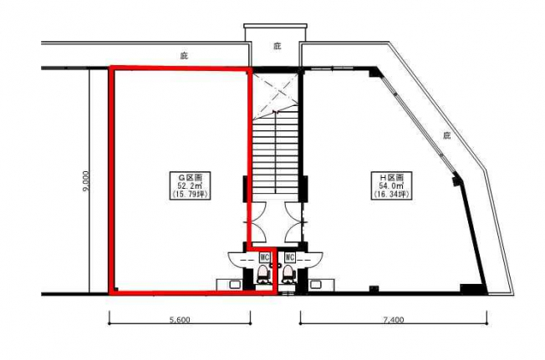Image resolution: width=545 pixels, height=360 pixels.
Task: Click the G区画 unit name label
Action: tap(190, 177)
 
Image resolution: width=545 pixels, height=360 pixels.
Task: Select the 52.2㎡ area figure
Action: tap(190, 185)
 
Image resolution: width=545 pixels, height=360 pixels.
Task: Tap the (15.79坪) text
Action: tap(190, 194)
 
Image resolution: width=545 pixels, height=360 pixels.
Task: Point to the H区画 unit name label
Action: tap(391, 177)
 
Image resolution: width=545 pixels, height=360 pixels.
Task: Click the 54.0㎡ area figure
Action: tap(391, 185)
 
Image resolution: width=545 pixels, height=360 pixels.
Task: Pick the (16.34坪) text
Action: tap(391, 194)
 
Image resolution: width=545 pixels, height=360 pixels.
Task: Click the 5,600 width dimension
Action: tap(180, 320)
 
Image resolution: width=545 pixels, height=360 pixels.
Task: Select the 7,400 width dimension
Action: tap(394, 320)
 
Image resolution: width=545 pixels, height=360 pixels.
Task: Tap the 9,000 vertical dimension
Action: tap(86, 180)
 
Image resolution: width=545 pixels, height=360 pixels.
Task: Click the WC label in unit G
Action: tap(264, 257)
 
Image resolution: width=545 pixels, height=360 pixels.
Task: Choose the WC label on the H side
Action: tap(289, 257)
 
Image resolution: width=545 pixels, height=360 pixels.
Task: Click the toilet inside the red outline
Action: tap(263, 274)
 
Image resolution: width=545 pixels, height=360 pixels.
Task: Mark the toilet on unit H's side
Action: tap(288, 274)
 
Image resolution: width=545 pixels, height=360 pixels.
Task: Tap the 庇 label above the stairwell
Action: tap(277, 46)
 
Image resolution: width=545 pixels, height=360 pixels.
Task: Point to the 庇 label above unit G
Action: tap(184, 55)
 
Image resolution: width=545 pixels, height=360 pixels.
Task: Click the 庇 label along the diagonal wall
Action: tap(446, 135)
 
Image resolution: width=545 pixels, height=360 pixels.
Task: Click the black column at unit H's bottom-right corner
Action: tap(472, 289)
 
